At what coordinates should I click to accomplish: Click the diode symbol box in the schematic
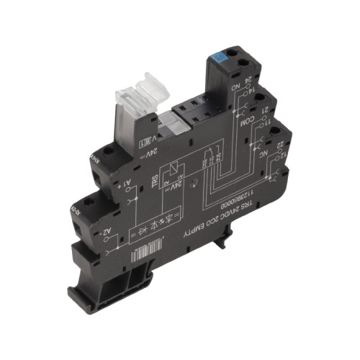click(x=144, y=217)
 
